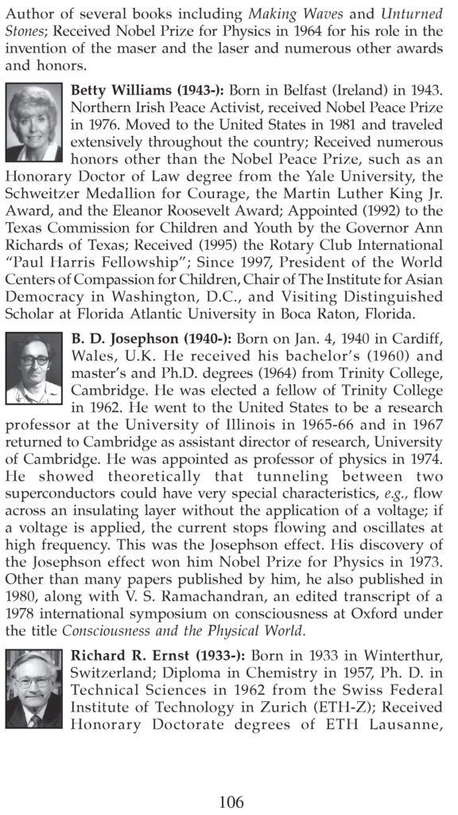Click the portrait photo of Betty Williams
click(34, 123)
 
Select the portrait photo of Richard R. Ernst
click(34, 688)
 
